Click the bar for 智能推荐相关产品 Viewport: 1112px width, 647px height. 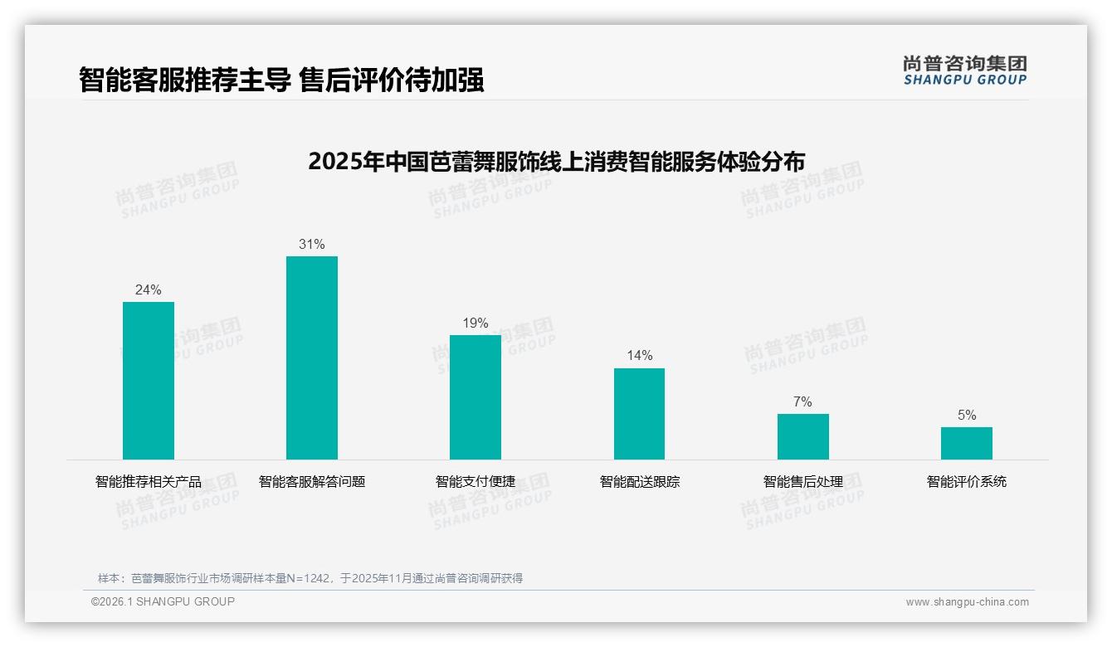(149, 380)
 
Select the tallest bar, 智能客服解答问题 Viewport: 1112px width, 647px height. (312, 358)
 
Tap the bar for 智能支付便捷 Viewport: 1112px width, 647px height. (476, 396)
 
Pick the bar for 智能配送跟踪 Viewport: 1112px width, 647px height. (639, 413)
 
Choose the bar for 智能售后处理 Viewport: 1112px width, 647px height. (802, 436)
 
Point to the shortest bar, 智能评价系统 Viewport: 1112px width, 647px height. (966, 443)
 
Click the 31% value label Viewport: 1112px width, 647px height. (312, 245)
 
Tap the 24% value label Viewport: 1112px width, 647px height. (149, 290)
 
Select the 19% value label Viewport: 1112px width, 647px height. (476, 323)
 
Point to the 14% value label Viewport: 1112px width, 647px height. (639, 356)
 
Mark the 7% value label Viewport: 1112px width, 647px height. (802, 402)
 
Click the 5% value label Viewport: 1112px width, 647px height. (966, 416)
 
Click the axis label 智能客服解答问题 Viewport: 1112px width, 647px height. (312, 481)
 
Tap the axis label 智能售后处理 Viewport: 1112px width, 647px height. (802, 481)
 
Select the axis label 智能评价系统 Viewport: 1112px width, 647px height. (966, 481)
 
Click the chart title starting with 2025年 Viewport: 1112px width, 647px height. (556, 161)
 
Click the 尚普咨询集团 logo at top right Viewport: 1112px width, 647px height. (964, 70)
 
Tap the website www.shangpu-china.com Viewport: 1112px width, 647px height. (967, 602)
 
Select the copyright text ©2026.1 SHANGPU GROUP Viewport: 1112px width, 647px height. (163, 601)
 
